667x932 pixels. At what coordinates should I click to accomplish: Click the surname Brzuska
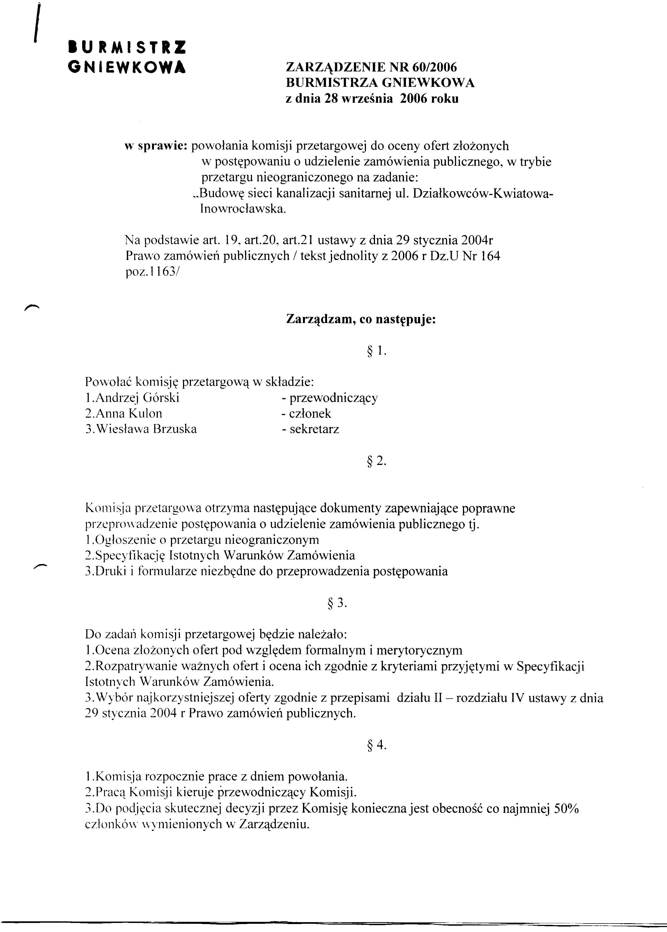click(x=174, y=429)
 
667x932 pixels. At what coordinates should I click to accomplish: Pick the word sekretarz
click(x=314, y=430)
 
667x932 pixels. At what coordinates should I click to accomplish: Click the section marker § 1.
click(x=375, y=350)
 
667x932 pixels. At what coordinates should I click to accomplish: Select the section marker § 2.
click(x=375, y=461)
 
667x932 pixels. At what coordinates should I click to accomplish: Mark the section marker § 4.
click(x=375, y=745)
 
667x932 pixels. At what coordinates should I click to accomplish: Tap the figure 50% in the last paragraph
click(x=567, y=808)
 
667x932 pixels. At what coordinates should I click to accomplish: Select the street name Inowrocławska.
click(x=242, y=209)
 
